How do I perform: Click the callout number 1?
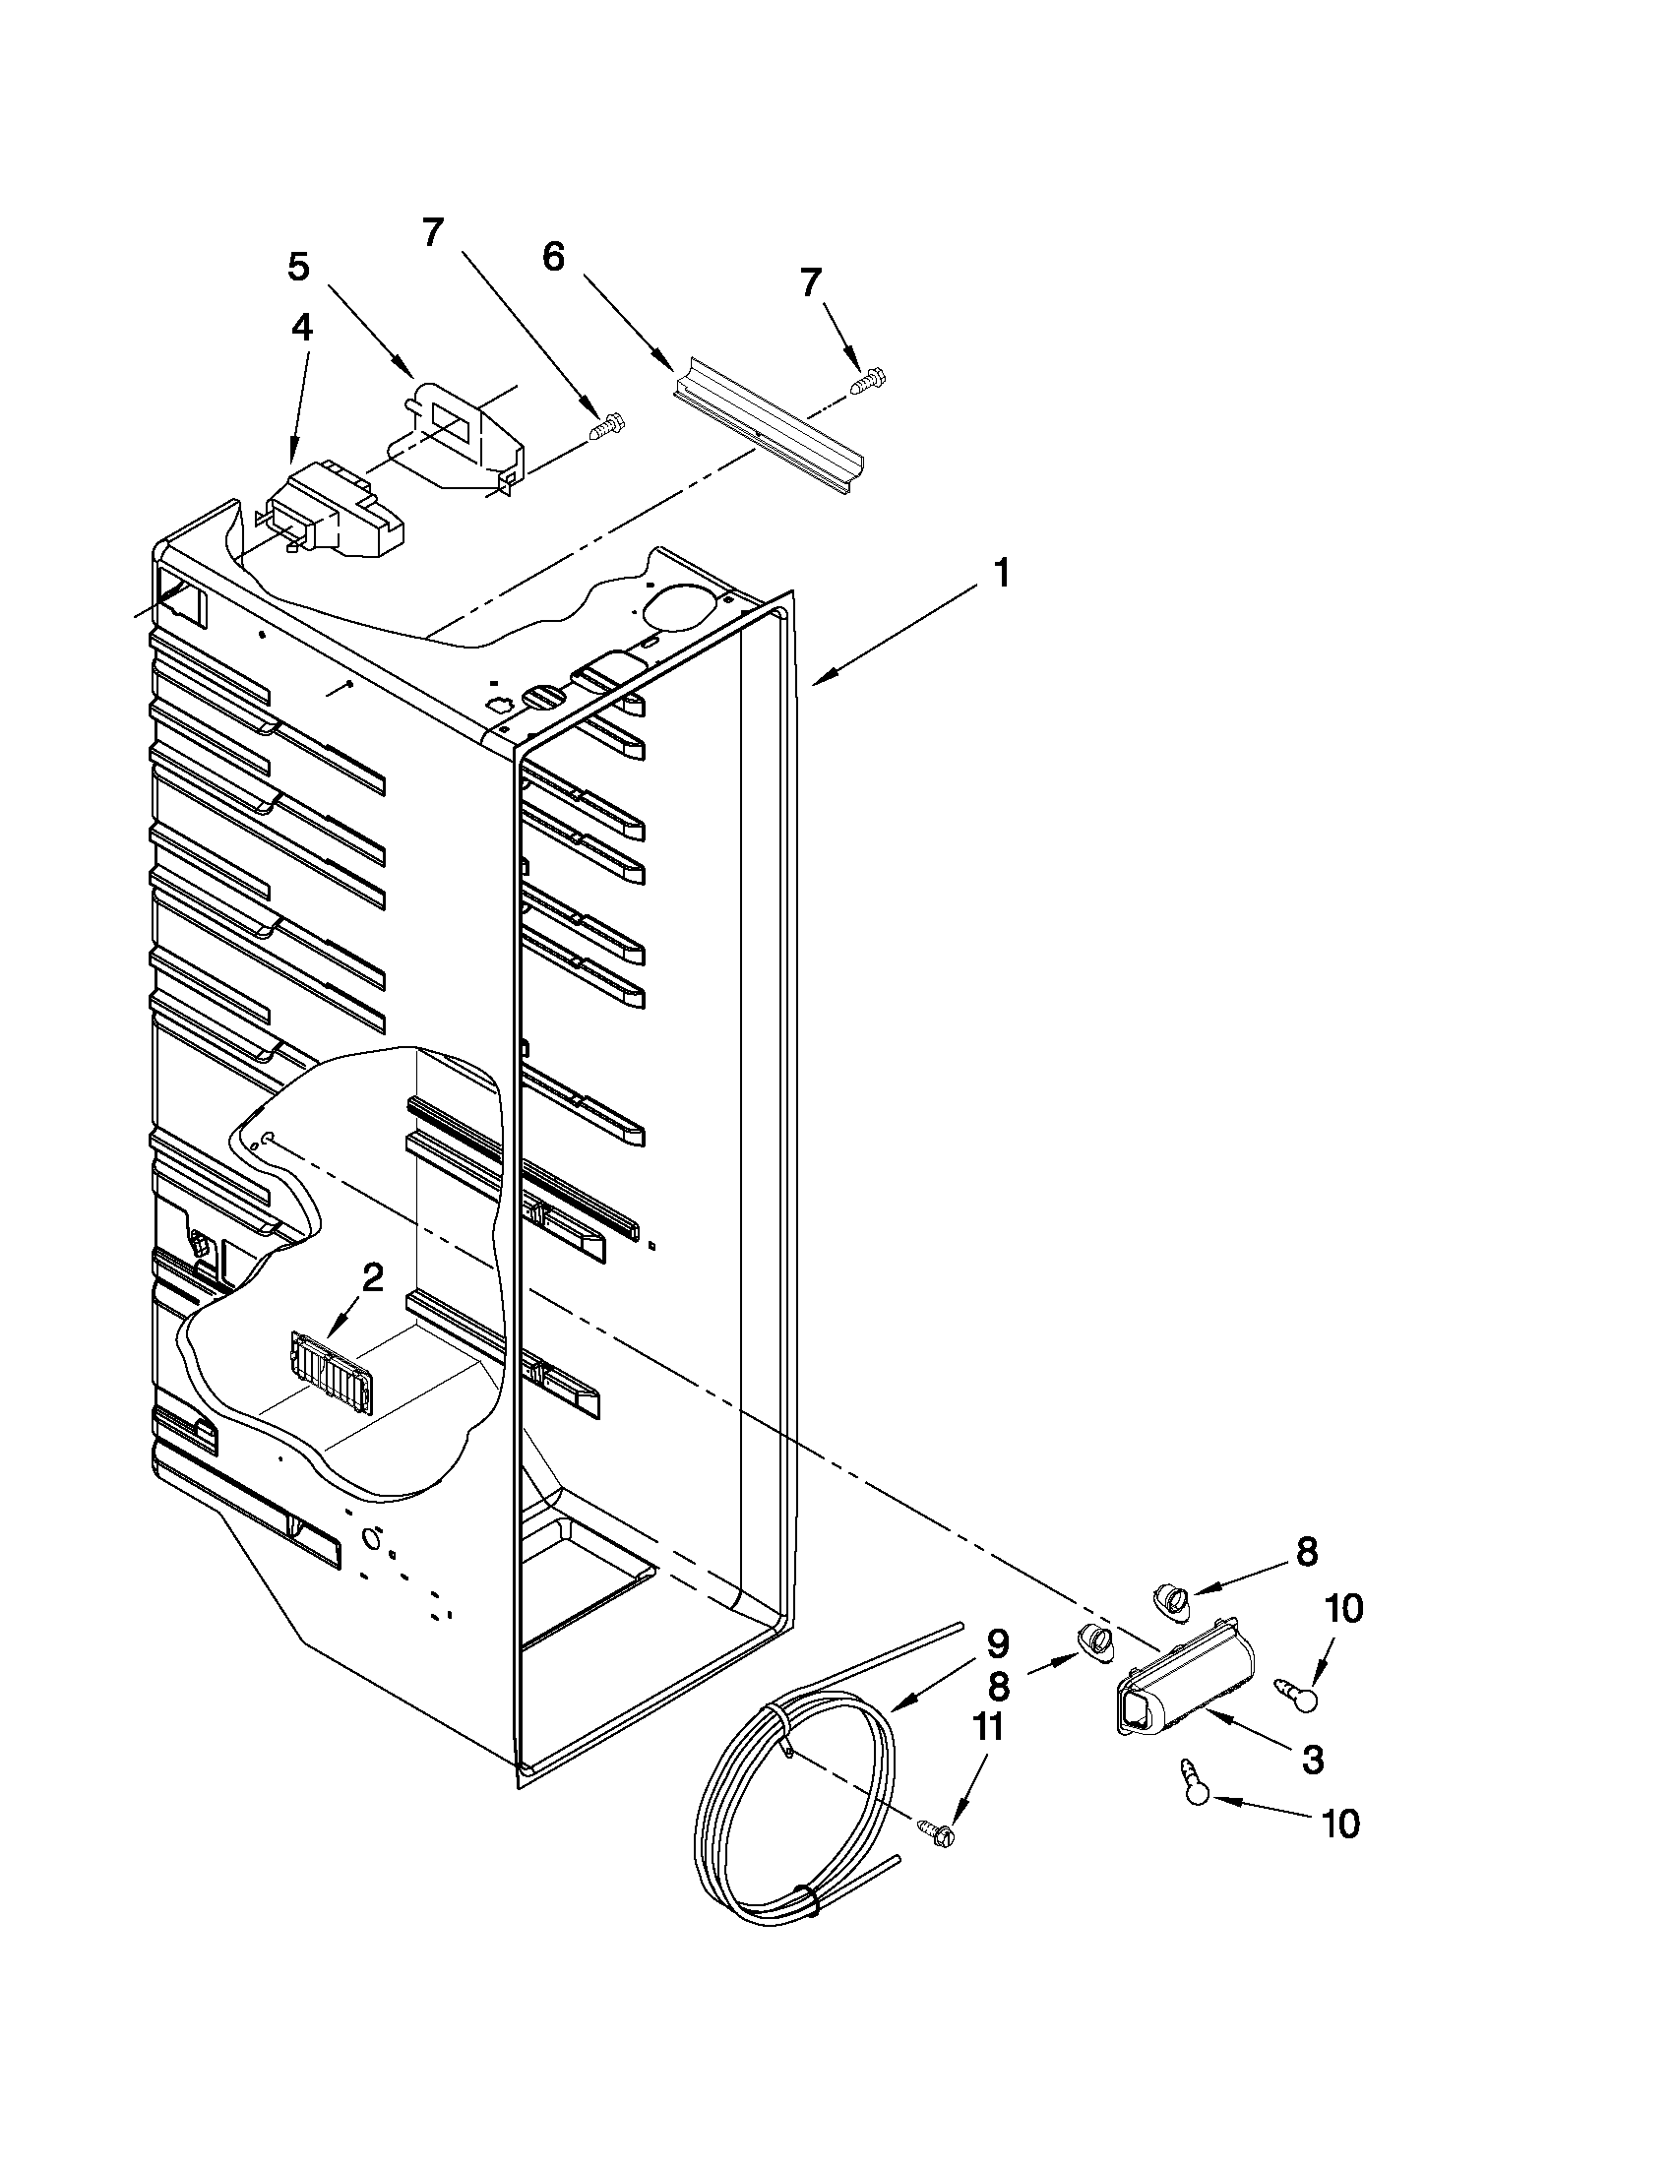coord(1002,573)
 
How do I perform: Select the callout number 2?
coord(371,1279)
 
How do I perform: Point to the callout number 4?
coord(301,328)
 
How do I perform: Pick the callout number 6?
coord(553,257)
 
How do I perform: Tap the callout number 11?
coord(988,1728)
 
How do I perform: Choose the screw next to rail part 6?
coord(869,380)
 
